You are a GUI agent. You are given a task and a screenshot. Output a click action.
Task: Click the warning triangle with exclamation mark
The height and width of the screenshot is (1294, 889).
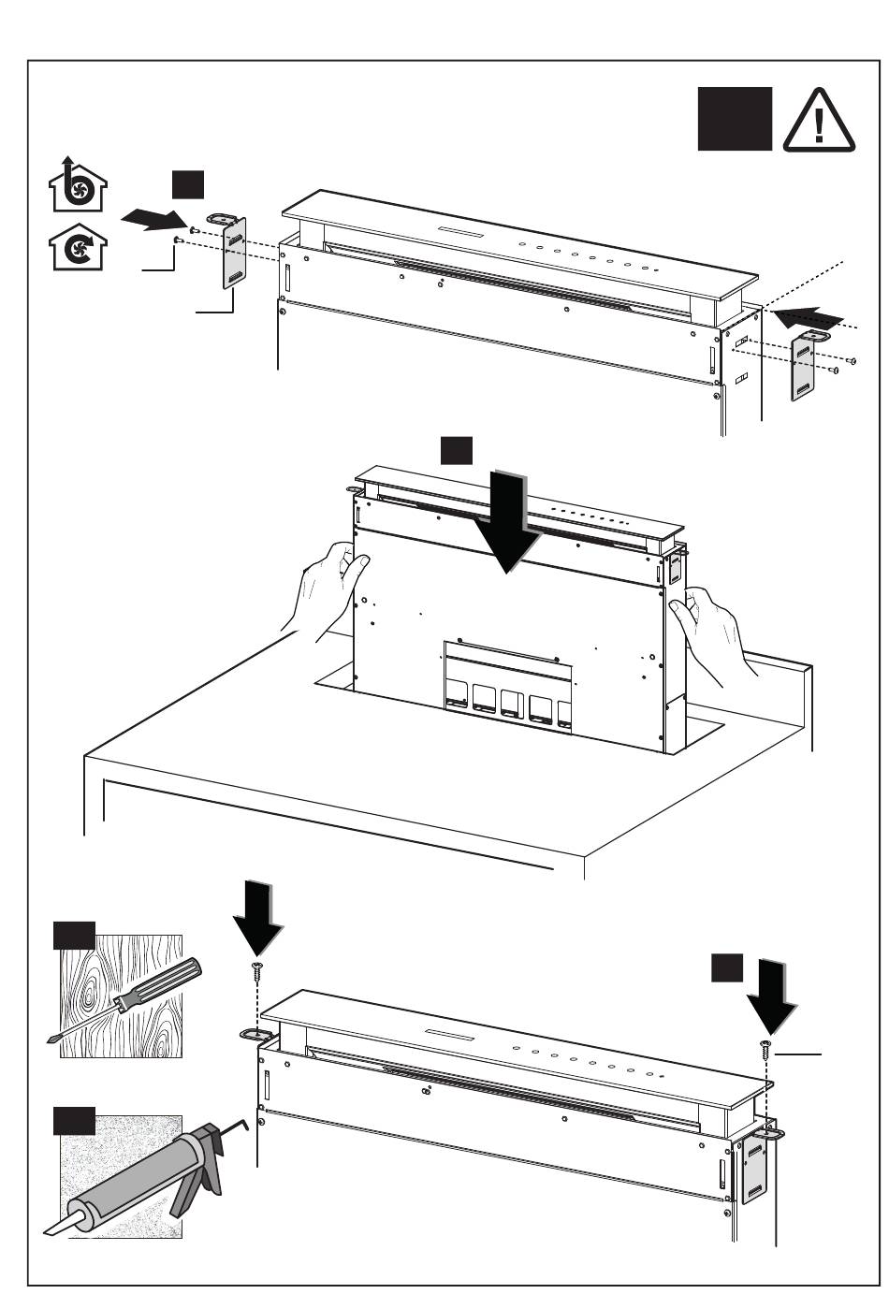pyautogui.click(x=819, y=121)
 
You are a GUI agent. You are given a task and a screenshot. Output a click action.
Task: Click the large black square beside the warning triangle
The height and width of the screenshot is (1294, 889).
pyautogui.click(x=735, y=119)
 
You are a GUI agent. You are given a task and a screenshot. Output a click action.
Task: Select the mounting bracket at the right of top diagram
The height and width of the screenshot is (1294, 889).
pyautogui.click(x=805, y=365)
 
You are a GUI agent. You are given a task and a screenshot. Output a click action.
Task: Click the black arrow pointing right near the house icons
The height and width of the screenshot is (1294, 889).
pyautogui.click(x=154, y=218)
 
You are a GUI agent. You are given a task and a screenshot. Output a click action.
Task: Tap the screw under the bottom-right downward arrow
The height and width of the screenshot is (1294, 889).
pyautogui.click(x=766, y=1049)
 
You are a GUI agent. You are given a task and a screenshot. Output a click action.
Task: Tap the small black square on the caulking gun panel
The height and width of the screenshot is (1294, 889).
pyautogui.click(x=74, y=1120)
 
